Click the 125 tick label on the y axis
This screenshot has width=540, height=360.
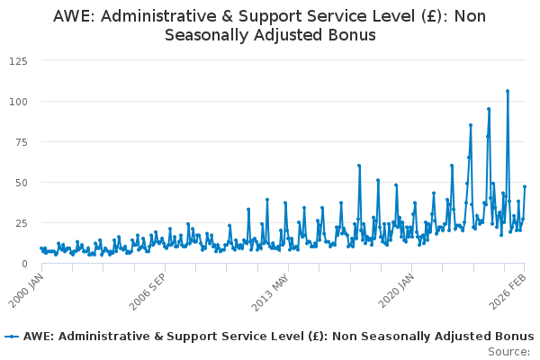[18, 61]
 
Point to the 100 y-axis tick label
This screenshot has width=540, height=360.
[18, 102]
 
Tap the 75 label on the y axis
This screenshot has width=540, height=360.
[22, 142]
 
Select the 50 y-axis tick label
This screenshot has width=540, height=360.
[22, 183]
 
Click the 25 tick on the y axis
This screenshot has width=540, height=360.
[22, 223]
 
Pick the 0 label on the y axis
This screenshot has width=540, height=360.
[24, 264]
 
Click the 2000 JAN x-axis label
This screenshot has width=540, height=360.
[26, 290]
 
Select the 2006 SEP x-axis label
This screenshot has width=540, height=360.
[148, 292]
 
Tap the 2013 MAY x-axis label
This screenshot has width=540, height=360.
[270, 292]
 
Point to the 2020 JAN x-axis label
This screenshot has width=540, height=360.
[396, 290]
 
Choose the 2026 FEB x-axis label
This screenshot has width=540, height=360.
[508, 291]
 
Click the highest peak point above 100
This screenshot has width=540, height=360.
[508, 91]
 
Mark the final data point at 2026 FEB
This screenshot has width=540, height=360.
[525, 186]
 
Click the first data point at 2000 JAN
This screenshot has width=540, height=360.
[41, 248]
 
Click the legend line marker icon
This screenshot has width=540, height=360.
[12, 337]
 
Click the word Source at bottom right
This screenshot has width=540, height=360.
[508, 352]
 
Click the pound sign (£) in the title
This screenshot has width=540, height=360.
[431, 16]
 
